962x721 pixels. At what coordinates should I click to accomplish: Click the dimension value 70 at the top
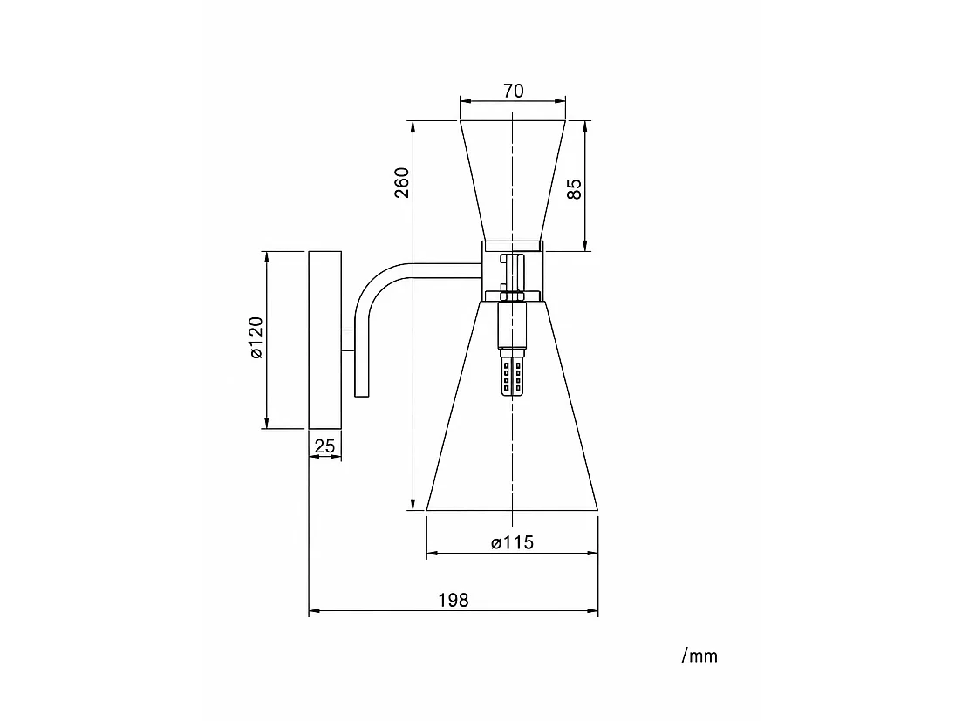pos(514,91)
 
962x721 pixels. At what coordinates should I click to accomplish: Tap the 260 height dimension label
pos(402,182)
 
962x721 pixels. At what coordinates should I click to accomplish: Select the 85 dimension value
pos(574,188)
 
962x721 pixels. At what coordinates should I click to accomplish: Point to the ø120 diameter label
pos(256,337)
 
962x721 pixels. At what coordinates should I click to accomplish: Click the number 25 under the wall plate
pos(324,446)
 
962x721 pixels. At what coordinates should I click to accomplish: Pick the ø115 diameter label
pos(512,542)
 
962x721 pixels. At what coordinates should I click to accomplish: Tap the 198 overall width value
pos(454,600)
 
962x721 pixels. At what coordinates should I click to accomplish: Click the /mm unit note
pos(699,656)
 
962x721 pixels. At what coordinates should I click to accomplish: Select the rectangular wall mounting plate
pos(325,340)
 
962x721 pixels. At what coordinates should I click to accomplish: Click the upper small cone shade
pos(513,180)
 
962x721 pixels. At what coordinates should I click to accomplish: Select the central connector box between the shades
pos(513,272)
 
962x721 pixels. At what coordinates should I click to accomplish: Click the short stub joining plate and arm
pos(348,340)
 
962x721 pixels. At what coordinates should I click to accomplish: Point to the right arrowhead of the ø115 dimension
pos(593,553)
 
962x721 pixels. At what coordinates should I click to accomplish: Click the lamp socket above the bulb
pos(513,325)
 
